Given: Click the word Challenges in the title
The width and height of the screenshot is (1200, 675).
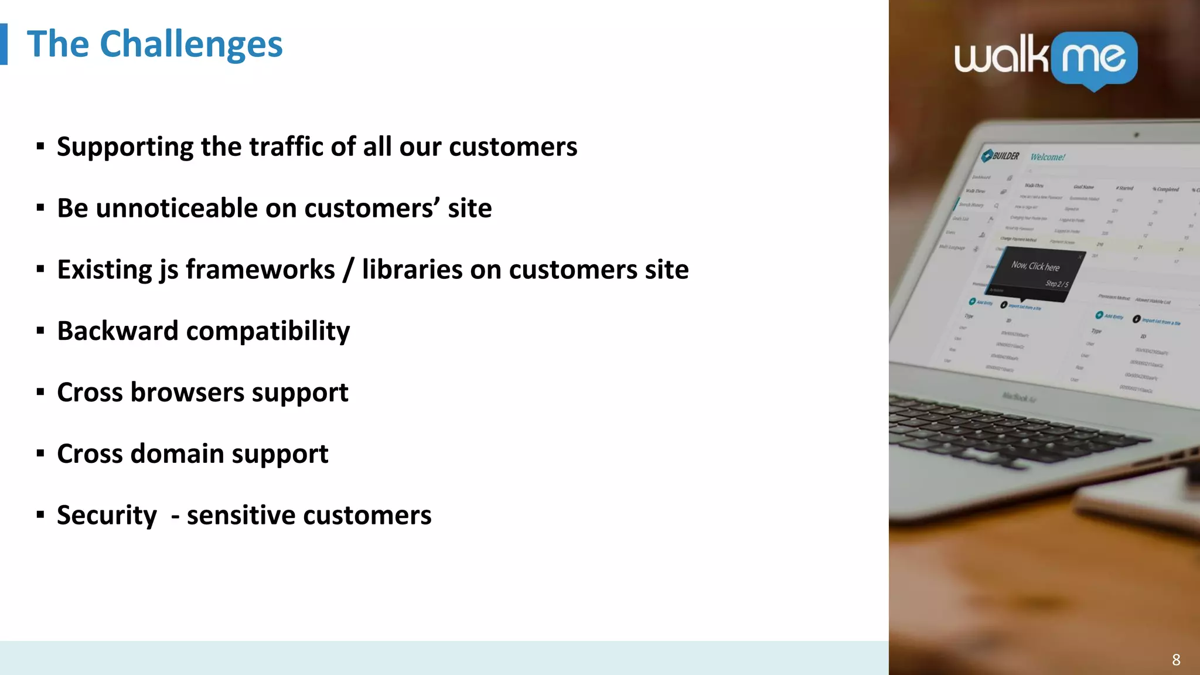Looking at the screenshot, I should [x=191, y=45].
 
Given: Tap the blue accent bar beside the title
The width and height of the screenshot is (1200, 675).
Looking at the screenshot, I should [x=4, y=44].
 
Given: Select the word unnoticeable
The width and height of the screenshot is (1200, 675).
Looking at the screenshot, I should [x=176, y=208].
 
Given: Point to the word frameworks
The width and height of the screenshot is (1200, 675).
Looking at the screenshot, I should [x=260, y=270].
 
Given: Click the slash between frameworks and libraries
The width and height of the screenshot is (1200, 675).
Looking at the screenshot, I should [x=349, y=270].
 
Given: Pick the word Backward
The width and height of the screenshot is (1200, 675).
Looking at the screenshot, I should [x=117, y=331].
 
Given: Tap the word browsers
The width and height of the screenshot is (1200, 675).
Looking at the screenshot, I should [x=187, y=392].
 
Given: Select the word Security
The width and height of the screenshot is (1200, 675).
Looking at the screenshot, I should [x=107, y=516].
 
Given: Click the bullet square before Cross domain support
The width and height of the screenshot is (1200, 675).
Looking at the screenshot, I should [x=40, y=454].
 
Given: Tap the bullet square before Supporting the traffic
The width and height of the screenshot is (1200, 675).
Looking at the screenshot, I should [x=40, y=146].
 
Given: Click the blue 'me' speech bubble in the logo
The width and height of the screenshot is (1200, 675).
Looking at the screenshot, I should [x=1094, y=59].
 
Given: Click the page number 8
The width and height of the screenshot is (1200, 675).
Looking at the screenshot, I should [x=1176, y=660].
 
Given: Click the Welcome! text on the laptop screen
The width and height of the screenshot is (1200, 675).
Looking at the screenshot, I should [x=1048, y=157].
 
